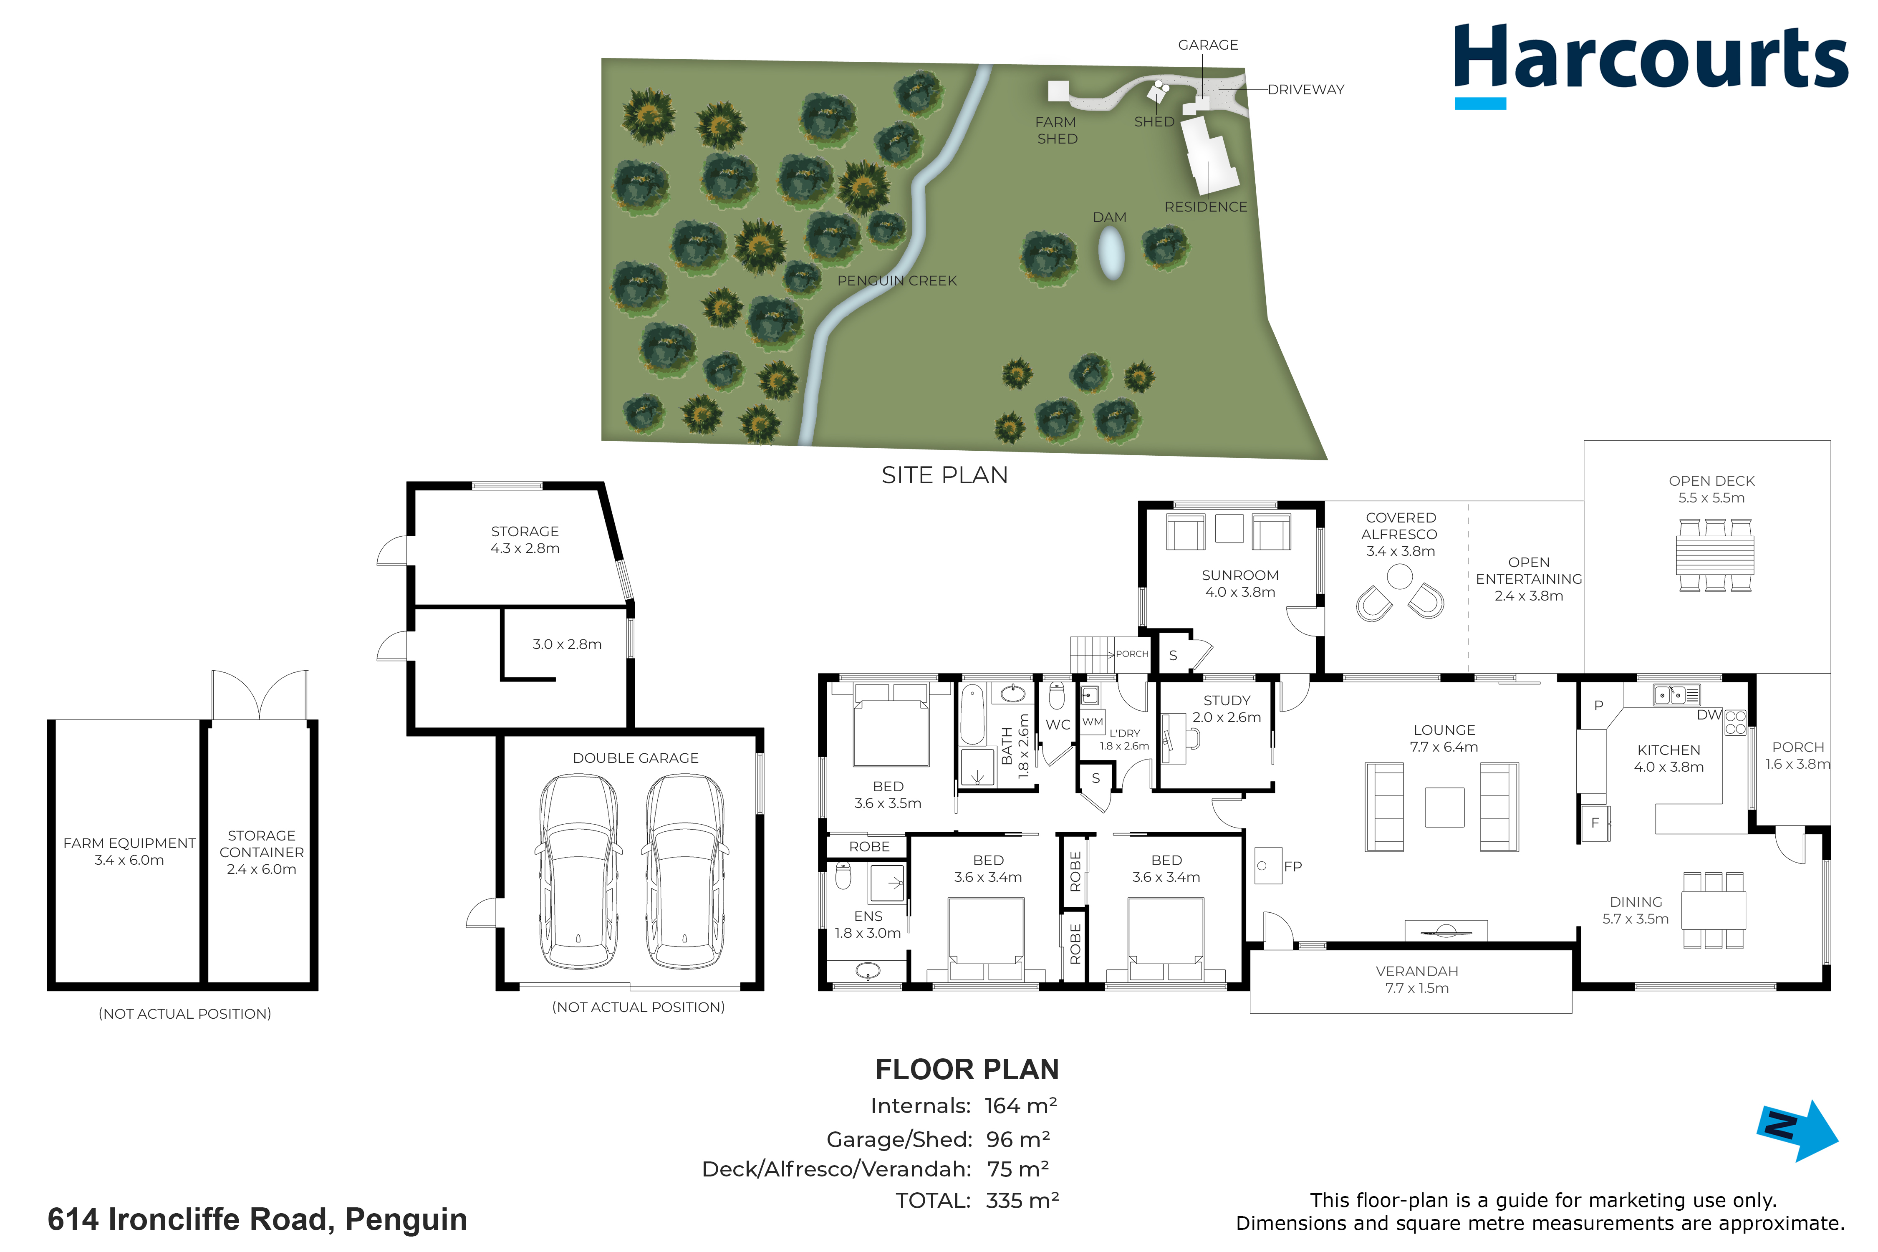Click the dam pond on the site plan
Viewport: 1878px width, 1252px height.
click(x=1111, y=253)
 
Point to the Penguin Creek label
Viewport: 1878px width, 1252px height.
click(x=897, y=281)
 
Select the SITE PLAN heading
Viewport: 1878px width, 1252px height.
click(x=944, y=475)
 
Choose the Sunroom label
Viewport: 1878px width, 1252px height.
click(x=1240, y=575)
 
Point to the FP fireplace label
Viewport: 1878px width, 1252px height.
click(x=1293, y=866)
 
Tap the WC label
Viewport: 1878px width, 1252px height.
click(x=1058, y=725)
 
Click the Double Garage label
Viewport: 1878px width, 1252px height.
click(x=636, y=758)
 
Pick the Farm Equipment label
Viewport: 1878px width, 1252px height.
click(x=129, y=843)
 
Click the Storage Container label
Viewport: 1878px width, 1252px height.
click(x=262, y=844)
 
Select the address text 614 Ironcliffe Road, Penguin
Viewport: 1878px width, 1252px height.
click(x=257, y=1219)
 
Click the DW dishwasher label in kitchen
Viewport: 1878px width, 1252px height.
click(x=1709, y=714)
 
